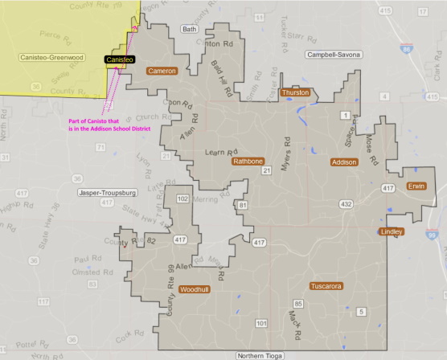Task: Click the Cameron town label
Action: pos(162,71)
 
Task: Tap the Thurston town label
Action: pos(297,93)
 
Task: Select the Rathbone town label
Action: pos(248,161)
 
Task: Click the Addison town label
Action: pos(344,162)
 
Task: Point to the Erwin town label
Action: pos(416,186)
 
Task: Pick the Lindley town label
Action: pos(392,231)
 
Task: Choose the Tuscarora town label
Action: pos(327,286)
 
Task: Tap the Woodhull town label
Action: pos(195,288)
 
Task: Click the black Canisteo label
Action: pos(119,59)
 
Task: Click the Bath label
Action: pos(190,29)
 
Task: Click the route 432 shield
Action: pos(346,205)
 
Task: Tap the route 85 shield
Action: pos(298,304)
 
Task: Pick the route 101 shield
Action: pos(261,323)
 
